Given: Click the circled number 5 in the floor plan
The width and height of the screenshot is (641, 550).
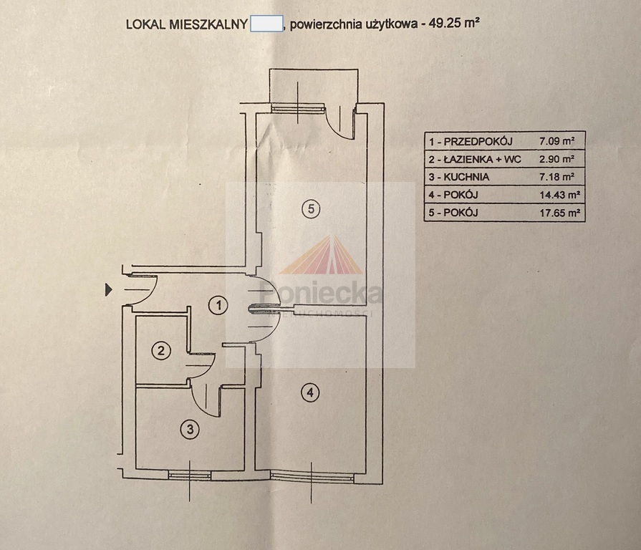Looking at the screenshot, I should (x=309, y=208).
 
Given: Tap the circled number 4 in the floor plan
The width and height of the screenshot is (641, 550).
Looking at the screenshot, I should (x=309, y=392).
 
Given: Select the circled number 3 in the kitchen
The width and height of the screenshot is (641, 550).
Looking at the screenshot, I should (x=189, y=430).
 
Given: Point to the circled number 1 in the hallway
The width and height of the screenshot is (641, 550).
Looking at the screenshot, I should (x=220, y=306).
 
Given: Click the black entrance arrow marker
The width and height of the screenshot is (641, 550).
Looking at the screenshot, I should (x=109, y=290).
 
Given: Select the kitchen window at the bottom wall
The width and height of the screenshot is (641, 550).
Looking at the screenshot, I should (x=189, y=474).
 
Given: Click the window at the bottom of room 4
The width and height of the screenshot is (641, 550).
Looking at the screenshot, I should (x=312, y=476).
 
